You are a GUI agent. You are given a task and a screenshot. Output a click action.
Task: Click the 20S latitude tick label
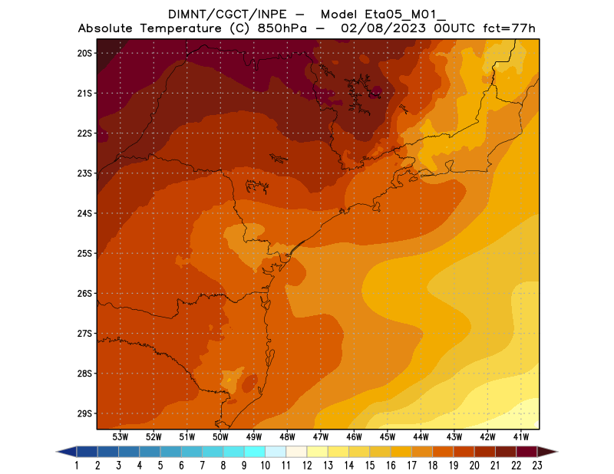(x=84, y=53)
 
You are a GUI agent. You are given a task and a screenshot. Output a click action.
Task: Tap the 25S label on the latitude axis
(x=84, y=253)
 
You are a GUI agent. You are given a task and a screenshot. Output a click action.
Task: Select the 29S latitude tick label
(x=84, y=413)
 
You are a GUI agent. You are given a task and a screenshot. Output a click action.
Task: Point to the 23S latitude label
(x=84, y=173)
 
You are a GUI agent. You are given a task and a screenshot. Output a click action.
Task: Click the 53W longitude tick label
(x=120, y=436)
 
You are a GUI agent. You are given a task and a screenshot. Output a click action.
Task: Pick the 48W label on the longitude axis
(x=288, y=436)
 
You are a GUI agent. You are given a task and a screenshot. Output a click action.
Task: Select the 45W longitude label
(x=388, y=436)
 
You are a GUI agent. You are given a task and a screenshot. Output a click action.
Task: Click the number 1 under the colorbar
(x=78, y=465)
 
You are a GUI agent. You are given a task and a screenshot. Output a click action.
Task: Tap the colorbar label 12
(x=307, y=465)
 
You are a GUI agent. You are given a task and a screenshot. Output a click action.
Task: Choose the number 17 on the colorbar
(x=411, y=465)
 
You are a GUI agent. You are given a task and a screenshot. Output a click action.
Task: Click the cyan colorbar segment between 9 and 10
(x=255, y=451)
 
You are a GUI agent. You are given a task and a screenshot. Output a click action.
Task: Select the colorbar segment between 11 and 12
(x=296, y=451)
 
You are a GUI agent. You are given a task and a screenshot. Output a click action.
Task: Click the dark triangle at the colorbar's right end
(x=546, y=451)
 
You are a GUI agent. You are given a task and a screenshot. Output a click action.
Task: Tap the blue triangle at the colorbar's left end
(x=67, y=451)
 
